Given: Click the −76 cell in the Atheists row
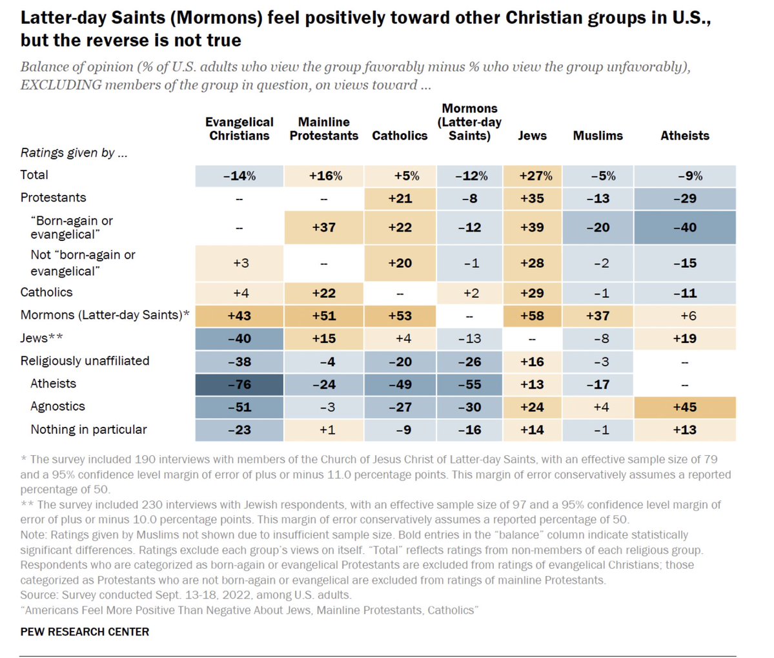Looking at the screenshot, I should [239, 384].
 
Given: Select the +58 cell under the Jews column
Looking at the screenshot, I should [532, 316].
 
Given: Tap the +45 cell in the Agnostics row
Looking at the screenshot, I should [684, 407].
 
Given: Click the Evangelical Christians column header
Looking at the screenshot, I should [239, 129].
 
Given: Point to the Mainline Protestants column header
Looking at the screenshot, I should [323, 129].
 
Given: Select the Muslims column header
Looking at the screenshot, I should [598, 136].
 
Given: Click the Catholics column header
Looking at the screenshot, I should [400, 136].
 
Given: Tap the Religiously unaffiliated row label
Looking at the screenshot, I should [85, 361].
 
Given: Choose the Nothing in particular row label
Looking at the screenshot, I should [88, 429].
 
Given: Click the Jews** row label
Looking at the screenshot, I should [42, 338].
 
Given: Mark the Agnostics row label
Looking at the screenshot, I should [57, 407].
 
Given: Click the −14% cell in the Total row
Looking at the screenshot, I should [239, 176].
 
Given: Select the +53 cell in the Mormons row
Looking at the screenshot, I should [400, 316].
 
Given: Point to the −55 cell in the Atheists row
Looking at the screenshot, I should [469, 384].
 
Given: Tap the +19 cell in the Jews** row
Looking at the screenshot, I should [684, 338].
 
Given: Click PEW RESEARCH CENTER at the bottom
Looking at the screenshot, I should [85, 632].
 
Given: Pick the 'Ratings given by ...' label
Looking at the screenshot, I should [74, 153].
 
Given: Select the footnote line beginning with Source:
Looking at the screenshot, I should [185, 595].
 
